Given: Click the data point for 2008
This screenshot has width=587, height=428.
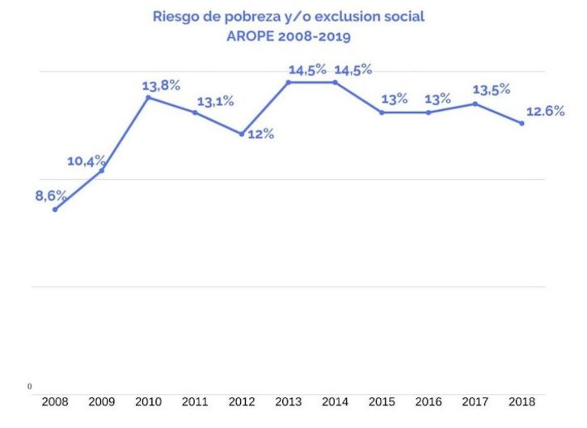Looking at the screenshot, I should pos(55,210).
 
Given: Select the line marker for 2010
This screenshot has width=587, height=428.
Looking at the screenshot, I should pos(148,98).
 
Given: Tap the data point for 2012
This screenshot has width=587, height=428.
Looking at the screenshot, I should pos(241,133).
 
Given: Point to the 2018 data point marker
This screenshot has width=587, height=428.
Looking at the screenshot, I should pos(522,123).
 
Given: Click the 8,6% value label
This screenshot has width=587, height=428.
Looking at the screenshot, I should pos(51,195).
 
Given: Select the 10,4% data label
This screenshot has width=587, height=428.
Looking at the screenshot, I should pos(86,161).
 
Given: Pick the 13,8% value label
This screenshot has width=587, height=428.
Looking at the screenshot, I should pos(160,84).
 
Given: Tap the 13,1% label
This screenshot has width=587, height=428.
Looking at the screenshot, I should pos(214,101).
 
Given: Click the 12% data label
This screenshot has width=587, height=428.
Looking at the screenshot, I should pos(260,134).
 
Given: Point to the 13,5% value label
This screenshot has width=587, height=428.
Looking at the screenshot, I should pos(492,90).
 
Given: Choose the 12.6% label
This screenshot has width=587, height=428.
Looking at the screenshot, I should pos(545,112).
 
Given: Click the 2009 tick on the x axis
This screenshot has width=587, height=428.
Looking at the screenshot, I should pos(101,400).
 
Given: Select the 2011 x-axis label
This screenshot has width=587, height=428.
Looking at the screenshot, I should pos(194,400).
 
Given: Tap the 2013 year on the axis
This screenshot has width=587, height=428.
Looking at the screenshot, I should pos(288,400).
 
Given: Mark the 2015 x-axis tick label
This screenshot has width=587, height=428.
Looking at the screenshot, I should pos(381,400).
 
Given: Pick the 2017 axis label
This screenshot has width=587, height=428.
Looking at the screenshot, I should pos(475,400).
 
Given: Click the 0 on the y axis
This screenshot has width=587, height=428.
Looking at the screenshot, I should pos(30,387).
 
